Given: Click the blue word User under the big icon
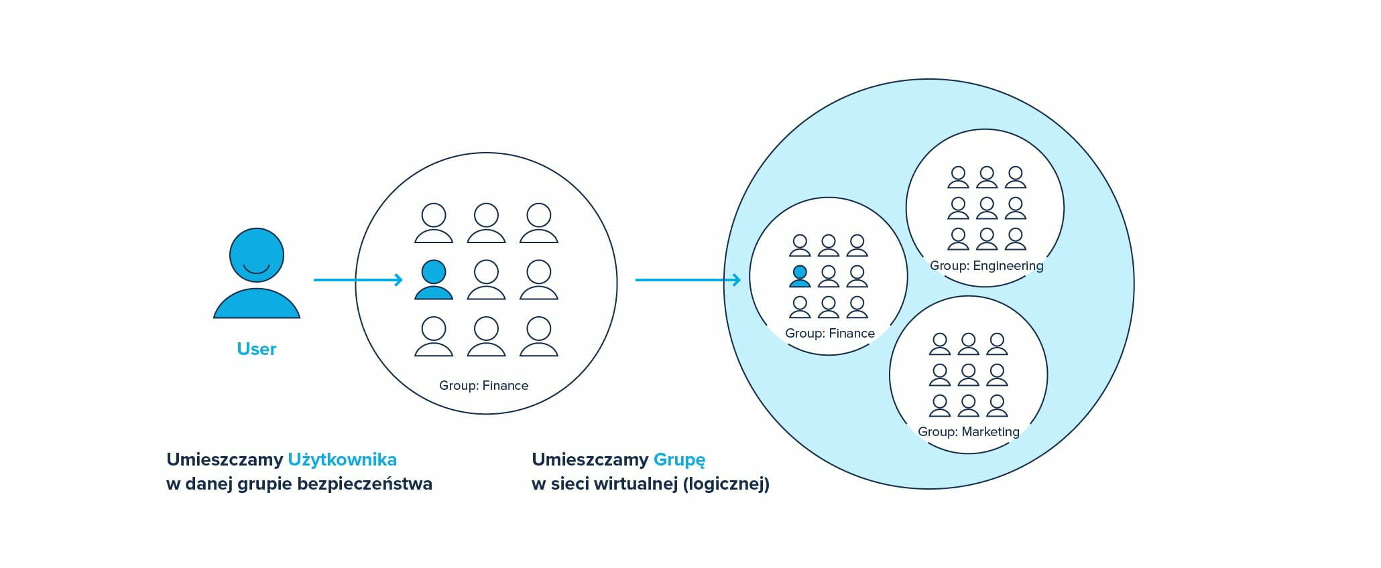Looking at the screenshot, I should point(257,349).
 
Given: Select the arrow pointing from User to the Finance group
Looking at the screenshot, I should point(358,280).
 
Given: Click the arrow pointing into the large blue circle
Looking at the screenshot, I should point(688,280).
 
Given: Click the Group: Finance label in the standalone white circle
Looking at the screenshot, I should point(483,385).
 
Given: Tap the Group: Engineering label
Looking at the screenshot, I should point(986,265).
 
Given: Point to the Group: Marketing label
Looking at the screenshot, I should point(968,431).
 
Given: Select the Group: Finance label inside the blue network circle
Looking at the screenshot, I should point(829,333).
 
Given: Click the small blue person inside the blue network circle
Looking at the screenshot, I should point(800,276).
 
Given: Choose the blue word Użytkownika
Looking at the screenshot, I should point(342,459).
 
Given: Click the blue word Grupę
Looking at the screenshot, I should point(679,460).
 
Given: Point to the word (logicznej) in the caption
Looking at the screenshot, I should point(726,484).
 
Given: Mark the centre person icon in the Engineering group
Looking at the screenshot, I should point(987,208).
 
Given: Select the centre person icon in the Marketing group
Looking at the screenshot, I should point(968,374).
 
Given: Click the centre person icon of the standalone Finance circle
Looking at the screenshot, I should point(486,279).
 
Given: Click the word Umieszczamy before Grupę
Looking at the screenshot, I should point(590,459).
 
